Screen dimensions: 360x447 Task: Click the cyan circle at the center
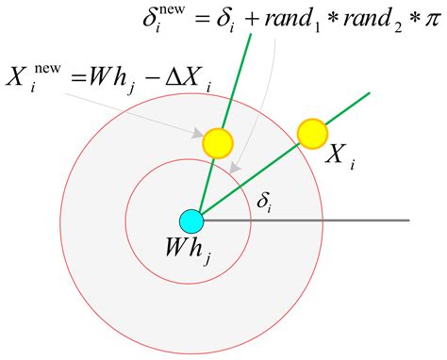click(191, 221)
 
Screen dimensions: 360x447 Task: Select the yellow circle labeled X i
click(311, 131)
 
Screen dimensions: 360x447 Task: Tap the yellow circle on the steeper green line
click(218, 142)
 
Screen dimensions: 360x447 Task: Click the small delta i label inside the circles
click(266, 199)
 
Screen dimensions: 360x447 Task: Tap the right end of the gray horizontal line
click(408, 221)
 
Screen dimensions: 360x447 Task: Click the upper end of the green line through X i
click(369, 91)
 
